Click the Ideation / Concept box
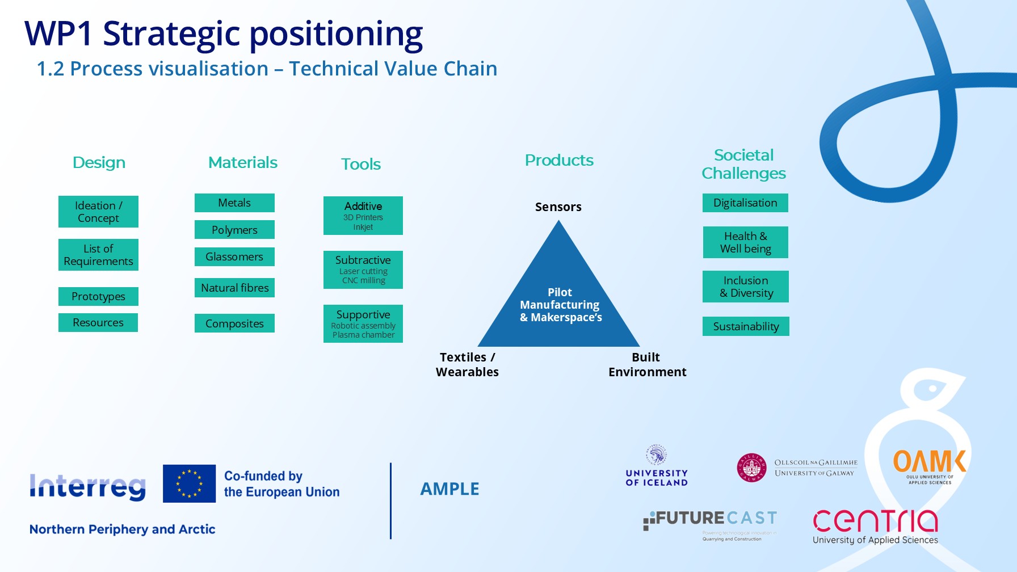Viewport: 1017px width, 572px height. [x=98, y=212]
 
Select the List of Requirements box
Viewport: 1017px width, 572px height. [x=98, y=255]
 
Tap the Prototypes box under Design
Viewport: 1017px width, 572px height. [x=98, y=296]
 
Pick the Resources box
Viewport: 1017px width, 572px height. [x=98, y=322]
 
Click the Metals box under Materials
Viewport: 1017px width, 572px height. [x=234, y=203]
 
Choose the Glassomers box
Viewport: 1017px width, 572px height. [x=234, y=256]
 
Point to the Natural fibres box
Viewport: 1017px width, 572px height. [x=234, y=288]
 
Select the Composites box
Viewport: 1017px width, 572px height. [x=234, y=323]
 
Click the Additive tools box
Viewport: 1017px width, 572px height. [x=363, y=216]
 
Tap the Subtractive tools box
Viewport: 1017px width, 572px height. [x=363, y=270]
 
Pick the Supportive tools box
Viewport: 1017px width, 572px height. [x=363, y=323]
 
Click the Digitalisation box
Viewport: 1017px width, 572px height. [x=745, y=203]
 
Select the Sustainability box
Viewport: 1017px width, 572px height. [x=746, y=326]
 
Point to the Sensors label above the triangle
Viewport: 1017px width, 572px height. [x=558, y=207]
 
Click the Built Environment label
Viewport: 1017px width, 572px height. [x=647, y=364]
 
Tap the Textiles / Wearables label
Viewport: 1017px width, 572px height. [x=467, y=364]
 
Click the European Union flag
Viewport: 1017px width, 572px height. [x=189, y=483]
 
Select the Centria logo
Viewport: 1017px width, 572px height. [x=875, y=526]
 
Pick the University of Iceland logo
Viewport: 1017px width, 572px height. [x=657, y=466]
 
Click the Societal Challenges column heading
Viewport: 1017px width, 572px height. [x=743, y=164]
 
